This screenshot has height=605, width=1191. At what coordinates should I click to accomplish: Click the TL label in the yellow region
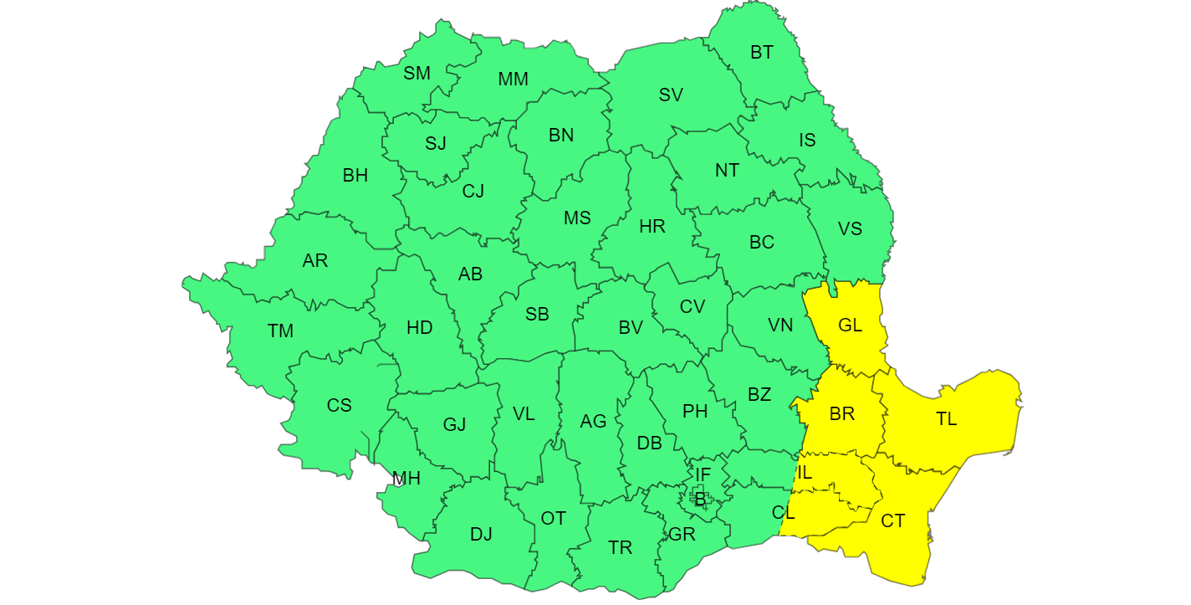(x=946, y=419)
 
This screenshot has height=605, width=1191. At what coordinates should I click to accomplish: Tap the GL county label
(x=850, y=326)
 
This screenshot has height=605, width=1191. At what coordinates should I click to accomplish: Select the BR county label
(x=842, y=414)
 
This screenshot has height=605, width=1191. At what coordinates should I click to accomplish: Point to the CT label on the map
(x=892, y=520)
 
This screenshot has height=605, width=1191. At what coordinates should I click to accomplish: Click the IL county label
(x=804, y=473)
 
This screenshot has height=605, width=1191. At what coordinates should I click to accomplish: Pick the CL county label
(x=784, y=511)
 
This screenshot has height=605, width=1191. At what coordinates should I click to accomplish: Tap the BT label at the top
(x=761, y=53)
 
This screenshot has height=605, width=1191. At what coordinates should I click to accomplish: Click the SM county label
(x=417, y=73)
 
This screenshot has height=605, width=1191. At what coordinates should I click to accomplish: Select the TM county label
(x=280, y=331)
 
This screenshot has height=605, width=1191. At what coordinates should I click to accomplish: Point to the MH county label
(x=406, y=479)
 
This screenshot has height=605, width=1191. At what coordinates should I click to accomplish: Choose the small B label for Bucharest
(x=700, y=500)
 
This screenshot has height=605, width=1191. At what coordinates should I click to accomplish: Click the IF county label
(x=703, y=475)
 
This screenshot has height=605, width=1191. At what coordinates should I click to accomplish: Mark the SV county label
(x=671, y=95)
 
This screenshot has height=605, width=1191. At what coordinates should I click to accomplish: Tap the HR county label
(x=652, y=226)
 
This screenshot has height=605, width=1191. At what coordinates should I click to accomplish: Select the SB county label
(x=537, y=315)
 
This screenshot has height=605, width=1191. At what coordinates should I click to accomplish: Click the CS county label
(x=339, y=406)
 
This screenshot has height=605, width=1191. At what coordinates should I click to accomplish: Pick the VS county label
(x=850, y=228)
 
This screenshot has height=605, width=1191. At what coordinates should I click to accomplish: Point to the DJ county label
(x=481, y=534)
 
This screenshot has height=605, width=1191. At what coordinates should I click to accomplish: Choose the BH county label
(x=355, y=176)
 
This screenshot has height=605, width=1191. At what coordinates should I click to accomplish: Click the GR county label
(x=682, y=534)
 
